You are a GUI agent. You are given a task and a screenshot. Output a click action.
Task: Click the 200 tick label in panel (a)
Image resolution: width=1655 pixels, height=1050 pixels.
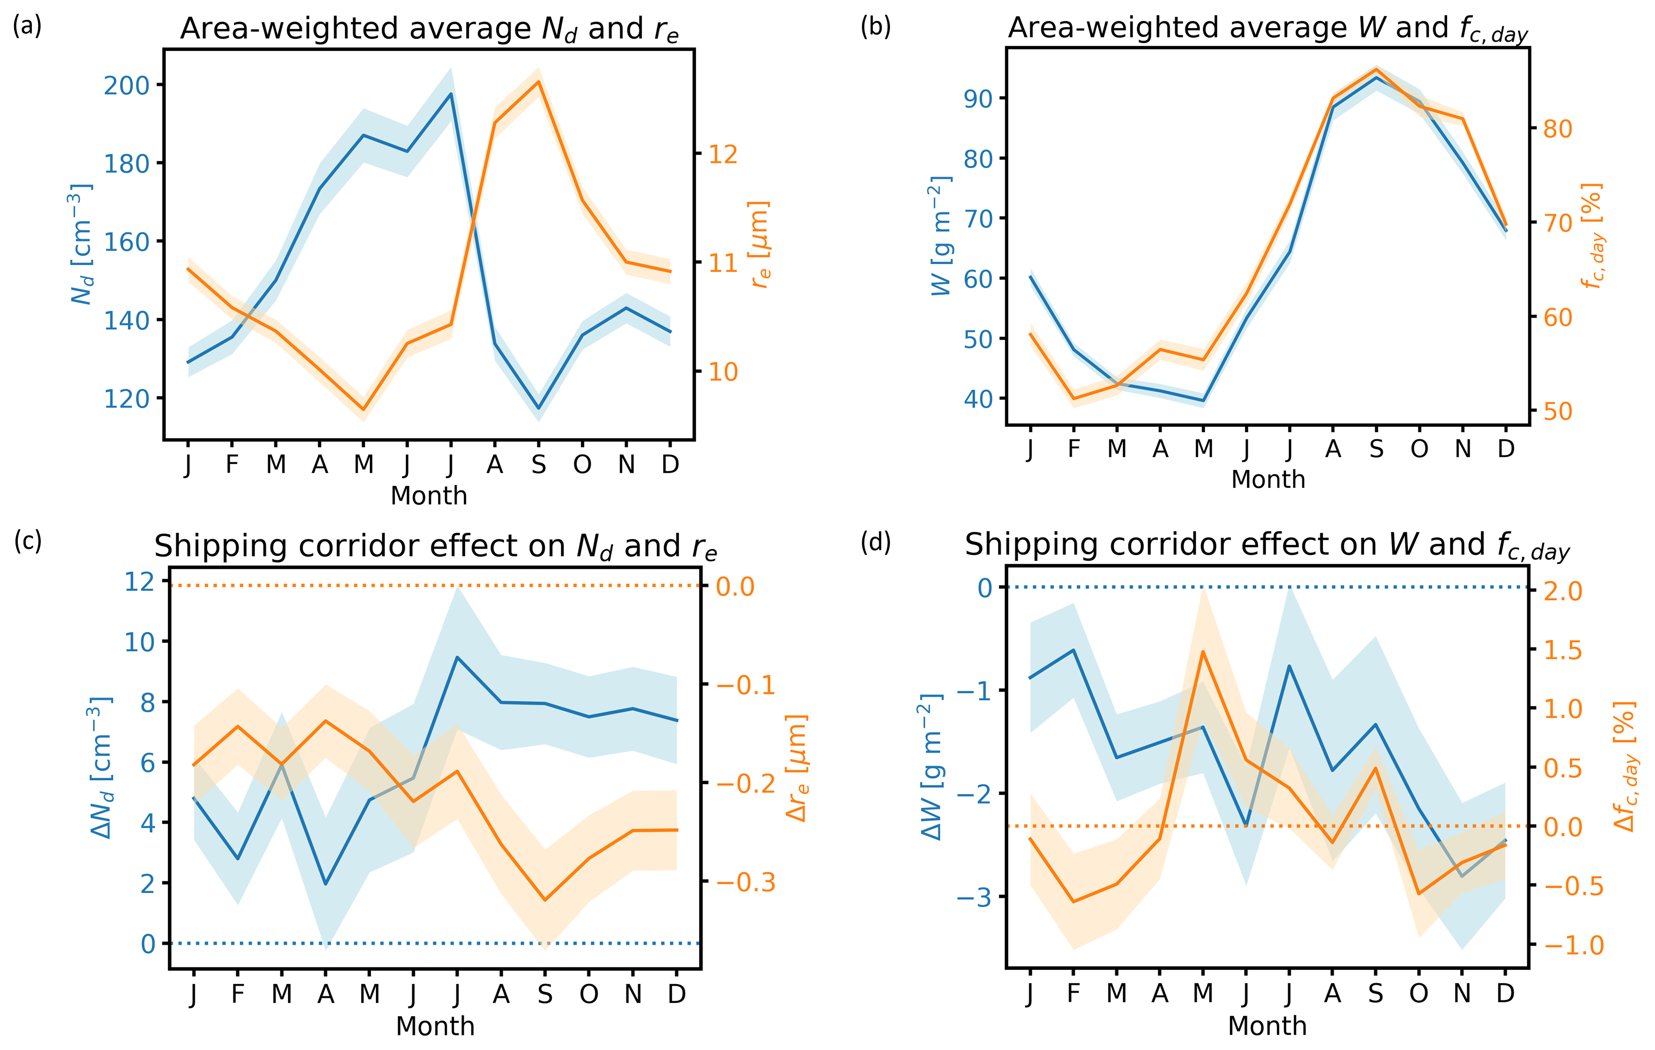(x=126, y=85)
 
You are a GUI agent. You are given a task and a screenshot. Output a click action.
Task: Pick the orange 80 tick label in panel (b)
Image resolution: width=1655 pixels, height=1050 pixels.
(x=1557, y=129)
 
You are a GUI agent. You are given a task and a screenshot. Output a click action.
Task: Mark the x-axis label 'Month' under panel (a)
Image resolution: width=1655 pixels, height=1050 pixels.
(x=429, y=495)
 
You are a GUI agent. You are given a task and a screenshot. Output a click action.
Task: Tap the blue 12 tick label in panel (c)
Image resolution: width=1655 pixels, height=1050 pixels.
(x=139, y=582)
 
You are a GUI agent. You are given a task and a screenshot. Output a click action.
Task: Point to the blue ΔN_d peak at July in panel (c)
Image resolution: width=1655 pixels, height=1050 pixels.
(x=457, y=657)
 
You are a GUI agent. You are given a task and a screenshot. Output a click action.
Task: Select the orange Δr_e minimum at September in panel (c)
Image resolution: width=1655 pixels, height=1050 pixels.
(x=545, y=900)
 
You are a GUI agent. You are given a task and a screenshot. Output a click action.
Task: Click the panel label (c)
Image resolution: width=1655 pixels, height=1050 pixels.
(x=28, y=541)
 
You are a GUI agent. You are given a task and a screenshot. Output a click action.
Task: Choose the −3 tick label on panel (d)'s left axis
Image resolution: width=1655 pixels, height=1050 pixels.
(x=975, y=897)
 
